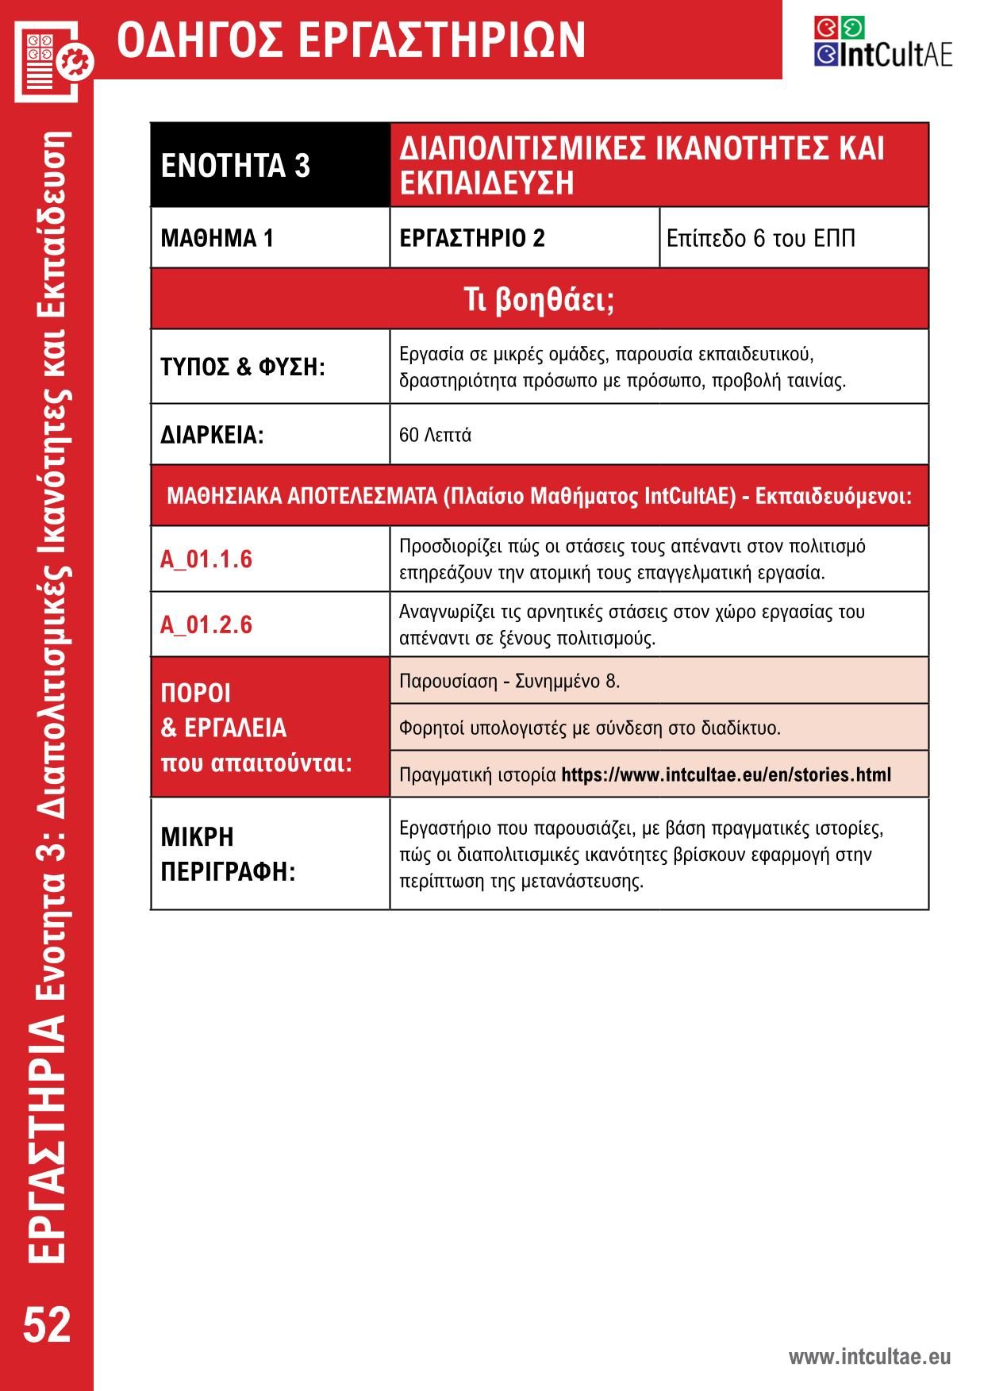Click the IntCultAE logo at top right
pos(882,43)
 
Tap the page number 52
pos(47,1324)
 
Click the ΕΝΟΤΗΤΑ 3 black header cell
pos(236,166)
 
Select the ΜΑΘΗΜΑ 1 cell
pos(217,238)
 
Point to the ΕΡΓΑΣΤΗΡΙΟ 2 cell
pos(472,238)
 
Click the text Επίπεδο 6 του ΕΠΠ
pos(760,238)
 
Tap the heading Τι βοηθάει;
pos(539,300)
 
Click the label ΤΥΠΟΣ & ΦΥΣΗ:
pos(243,367)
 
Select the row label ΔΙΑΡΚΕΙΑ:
pos(212,435)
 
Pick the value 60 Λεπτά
pos(435,435)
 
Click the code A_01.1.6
pos(206,559)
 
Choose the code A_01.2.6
pos(206,625)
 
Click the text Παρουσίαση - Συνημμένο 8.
pos(509,681)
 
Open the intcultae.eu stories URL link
pos(725,774)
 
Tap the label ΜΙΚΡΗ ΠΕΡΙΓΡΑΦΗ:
pos(228,854)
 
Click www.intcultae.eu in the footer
pos(869,1356)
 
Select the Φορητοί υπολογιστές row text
pos(590,728)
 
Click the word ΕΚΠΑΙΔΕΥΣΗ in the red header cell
pos(486,183)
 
